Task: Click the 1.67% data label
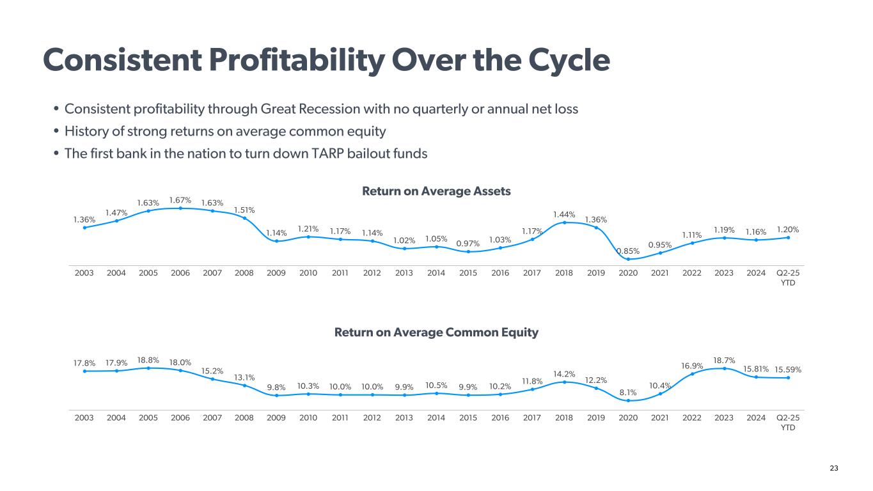pyautogui.click(x=180, y=200)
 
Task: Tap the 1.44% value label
pyautogui.click(x=564, y=214)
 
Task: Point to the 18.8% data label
pyautogui.click(x=148, y=360)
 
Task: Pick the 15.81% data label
pyautogui.click(x=756, y=368)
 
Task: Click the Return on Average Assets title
pyautogui.click(x=436, y=191)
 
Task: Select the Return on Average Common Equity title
pyautogui.click(x=436, y=332)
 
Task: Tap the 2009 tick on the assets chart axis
pyautogui.click(x=276, y=272)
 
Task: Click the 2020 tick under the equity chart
pyautogui.click(x=628, y=417)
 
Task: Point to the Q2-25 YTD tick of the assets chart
pyautogui.click(x=788, y=277)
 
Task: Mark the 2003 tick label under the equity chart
pyautogui.click(x=84, y=417)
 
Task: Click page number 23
pyautogui.click(x=833, y=469)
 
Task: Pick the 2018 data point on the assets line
pyautogui.click(x=564, y=222)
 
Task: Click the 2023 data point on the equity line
pyautogui.click(x=724, y=368)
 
